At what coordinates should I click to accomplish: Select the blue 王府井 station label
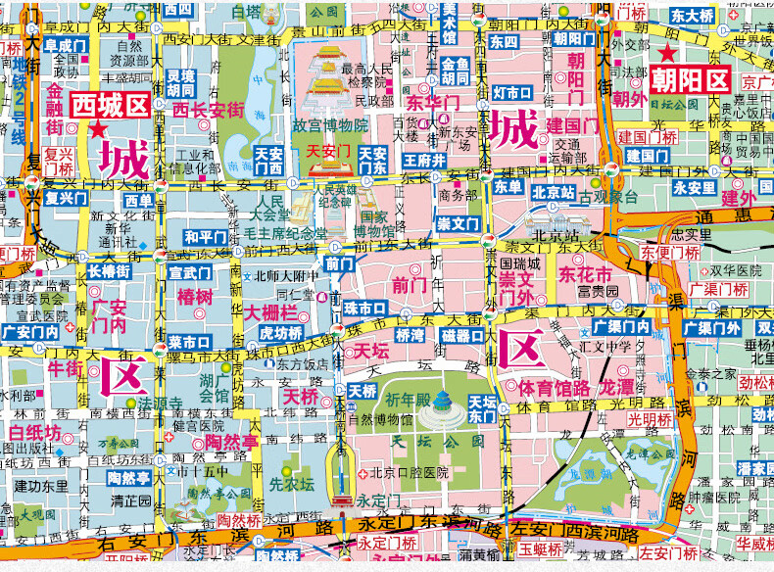(425, 161)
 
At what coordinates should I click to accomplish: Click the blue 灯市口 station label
(512, 93)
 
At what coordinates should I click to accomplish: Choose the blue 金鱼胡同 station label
(456, 71)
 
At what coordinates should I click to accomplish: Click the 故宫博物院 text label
(329, 125)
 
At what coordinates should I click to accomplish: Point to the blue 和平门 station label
(206, 237)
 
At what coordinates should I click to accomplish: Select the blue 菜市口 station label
(189, 342)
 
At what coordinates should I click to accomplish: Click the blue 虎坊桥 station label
(281, 333)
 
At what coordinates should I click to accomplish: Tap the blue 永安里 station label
(694, 188)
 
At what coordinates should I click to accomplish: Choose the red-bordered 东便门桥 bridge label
(674, 252)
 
